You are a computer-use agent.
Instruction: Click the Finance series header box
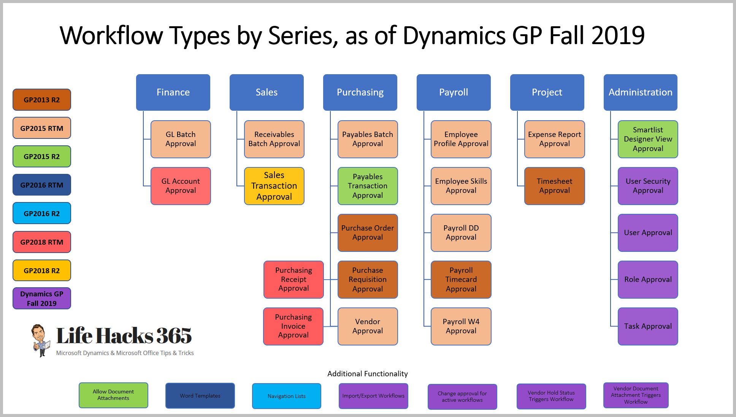(x=173, y=92)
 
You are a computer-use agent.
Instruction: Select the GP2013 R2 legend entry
(x=42, y=100)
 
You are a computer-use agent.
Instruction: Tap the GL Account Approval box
(x=181, y=186)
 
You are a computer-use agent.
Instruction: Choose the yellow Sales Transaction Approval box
(x=274, y=186)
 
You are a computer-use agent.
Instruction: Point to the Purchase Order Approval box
(x=368, y=233)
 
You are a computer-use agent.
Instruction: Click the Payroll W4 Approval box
(x=461, y=326)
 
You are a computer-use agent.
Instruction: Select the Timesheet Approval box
(x=554, y=186)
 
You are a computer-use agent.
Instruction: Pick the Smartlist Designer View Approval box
(x=648, y=139)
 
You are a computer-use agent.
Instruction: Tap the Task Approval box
(x=648, y=326)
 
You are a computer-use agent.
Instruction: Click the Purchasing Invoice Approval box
(x=293, y=326)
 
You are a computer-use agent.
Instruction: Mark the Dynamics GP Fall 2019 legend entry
(x=42, y=299)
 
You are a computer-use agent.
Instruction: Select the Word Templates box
(x=200, y=396)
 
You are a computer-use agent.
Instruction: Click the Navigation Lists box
(x=287, y=396)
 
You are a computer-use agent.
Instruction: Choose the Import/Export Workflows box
(x=373, y=396)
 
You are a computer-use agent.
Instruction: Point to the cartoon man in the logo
(x=40, y=340)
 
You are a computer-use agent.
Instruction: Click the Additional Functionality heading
(x=368, y=374)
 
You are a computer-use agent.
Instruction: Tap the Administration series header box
(x=640, y=92)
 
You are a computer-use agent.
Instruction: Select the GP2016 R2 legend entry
(x=42, y=213)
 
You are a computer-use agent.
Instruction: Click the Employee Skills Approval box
(x=461, y=186)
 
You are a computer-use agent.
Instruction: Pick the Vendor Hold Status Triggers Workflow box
(x=551, y=396)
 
